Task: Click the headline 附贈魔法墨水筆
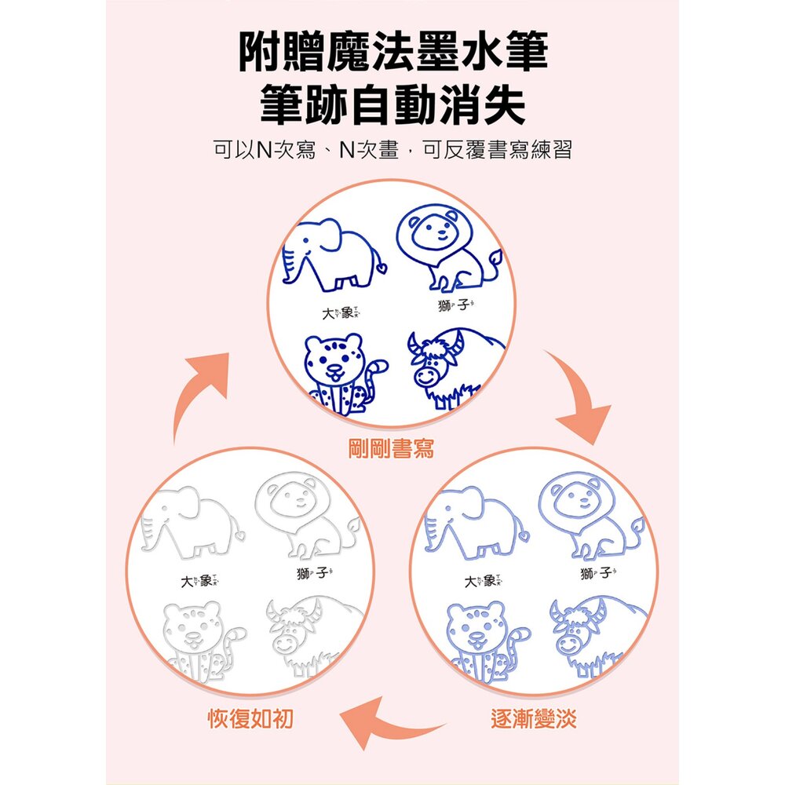click(393, 52)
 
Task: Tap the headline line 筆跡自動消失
click(393, 105)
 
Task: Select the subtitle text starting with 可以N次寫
click(392, 149)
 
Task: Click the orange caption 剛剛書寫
click(391, 448)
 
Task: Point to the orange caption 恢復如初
click(251, 719)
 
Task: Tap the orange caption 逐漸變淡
click(534, 719)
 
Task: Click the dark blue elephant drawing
click(334, 254)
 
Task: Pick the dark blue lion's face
click(433, 231)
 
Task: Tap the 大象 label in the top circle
click(341, 313)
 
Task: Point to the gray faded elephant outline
click(193, 523)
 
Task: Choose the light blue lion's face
click(575, 498)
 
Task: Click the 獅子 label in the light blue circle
click(597, 572)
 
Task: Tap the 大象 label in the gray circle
click(199, 581)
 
